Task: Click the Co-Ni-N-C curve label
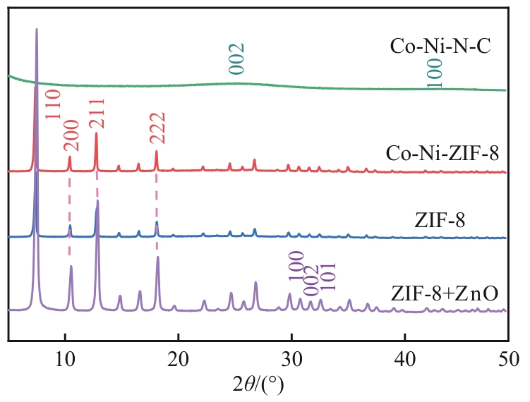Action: tap(440, 48)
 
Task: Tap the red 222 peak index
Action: tap(157, 128)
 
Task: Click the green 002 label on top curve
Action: tap(237, 59)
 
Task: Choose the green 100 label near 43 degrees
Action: tap(435, 73)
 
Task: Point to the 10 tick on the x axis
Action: tap(65, 358)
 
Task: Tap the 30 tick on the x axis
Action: tap(291, 358)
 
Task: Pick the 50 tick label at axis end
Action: tap(507, 358)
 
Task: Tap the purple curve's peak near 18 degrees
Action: tap(157, 258)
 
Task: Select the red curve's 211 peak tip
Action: tap(96, 133)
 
